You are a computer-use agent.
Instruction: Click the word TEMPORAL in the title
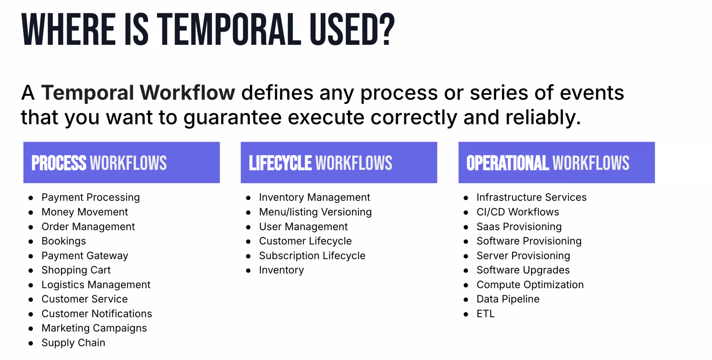pyautogui.click(x=229, y=29)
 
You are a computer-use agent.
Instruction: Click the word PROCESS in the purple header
pyautogui.click(x=59, y=163)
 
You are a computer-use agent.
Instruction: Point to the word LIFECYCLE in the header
pyautogui.click(x=280, y=163)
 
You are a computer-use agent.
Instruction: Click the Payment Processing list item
pyautogui.click(x=91, y=197)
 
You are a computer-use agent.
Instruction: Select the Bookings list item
pyautogui.click(x=64, y=241)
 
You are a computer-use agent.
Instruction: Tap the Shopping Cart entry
pyautogui.click(x=76, y=270)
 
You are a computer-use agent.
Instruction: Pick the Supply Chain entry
pyautogui.click(x=73, y=343)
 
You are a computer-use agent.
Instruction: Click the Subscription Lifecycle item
pyautogui.click(x=312, y=256)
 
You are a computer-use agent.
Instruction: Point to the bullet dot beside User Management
pyautogui.click(x=248, y=227)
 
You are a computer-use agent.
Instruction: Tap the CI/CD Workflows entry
pyautogui.click(x=518, y=212)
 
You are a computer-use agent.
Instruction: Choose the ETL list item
pyautogui.click(x=486, y=314)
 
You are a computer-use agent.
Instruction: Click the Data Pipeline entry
pyautogui.click(x=508, y=299)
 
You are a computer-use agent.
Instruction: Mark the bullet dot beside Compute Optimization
pyautogui.click(x=466, y=285)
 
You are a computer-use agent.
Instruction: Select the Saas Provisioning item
pyautogui.click(x=519, y=227)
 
